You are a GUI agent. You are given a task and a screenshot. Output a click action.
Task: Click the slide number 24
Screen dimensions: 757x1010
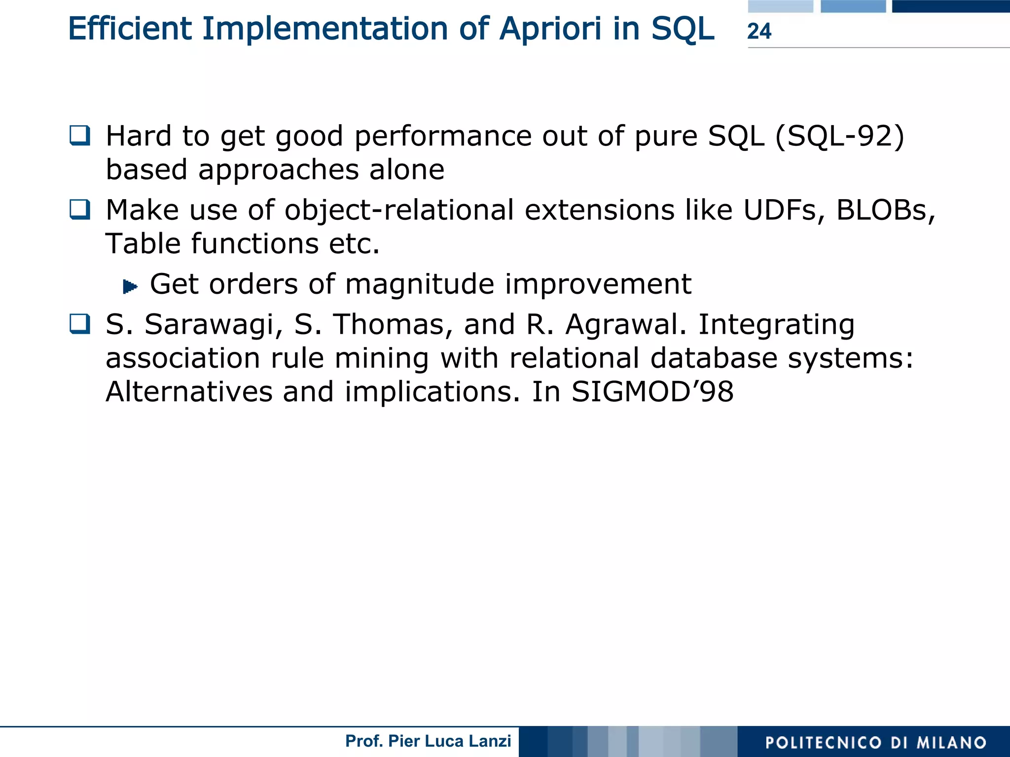click(x=759, y=31)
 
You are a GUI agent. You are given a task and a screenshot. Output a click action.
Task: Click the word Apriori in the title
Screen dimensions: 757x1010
click(x=550, y=29)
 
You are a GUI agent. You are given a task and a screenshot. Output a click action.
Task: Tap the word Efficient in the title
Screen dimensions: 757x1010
click(x=130, y=29)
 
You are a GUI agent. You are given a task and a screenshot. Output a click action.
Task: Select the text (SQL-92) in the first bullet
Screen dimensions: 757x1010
click(x=840, y=136)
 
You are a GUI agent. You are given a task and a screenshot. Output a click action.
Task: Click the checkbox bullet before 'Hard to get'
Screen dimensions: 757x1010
click(x=80, y=136)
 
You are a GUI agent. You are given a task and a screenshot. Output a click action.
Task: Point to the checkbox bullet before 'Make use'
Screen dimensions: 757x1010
click(x=80, y=209)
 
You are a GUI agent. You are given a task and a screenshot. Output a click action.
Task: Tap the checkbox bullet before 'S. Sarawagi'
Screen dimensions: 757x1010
click(x=80, y=324)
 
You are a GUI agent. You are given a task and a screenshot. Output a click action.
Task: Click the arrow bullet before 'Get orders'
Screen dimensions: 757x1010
click(x=130, y=286)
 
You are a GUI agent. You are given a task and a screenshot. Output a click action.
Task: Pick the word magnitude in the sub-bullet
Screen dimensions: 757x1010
click(x=419, y=284)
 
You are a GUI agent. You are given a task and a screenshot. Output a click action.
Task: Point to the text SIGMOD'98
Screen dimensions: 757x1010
click(x=652, y=392)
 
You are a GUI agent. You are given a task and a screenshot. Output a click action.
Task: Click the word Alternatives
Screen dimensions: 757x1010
click(x=189, y=392)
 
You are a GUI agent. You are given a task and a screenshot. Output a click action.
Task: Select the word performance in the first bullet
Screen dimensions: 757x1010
click(x=443, y=136)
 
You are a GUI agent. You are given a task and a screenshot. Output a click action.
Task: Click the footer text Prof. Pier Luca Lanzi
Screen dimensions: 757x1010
click(x=428, y=741)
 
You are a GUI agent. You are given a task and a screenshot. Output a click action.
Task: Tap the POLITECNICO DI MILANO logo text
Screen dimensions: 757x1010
click(x=875, y=742)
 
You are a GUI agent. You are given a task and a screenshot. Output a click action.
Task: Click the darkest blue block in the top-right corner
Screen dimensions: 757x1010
click(x=950, y=6)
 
